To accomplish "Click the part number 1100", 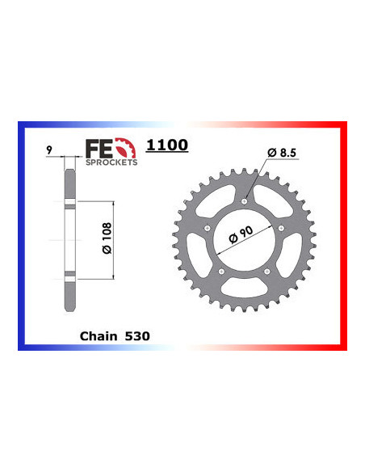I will point(167,145).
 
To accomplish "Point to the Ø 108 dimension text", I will point(95,238).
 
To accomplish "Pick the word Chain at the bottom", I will point(99,334).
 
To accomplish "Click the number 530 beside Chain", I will point(137,334).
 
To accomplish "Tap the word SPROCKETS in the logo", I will point(112,162).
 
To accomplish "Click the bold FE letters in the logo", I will point(96,149).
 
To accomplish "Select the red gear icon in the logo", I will point(126,148).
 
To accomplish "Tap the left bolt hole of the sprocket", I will point(209,229).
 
